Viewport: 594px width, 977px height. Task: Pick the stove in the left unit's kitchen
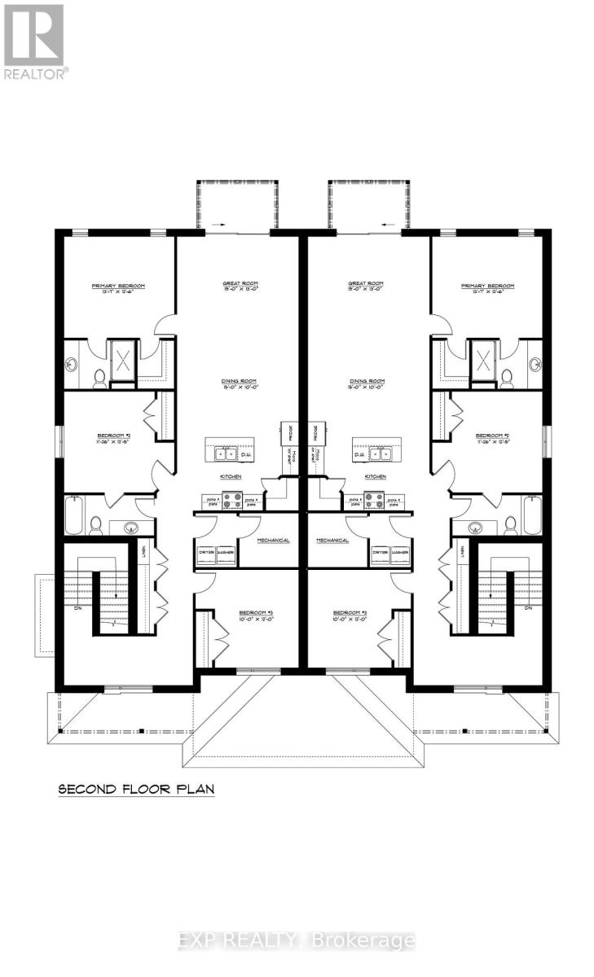click(231, 500)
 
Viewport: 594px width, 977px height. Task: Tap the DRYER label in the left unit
click(206, 554)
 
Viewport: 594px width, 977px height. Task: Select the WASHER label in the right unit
click(400, 554)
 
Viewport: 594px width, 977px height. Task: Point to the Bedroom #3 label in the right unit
click(353, 615)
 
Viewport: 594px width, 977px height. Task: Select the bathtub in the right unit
click(533, 515)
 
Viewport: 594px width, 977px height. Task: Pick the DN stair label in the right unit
click(527, 608)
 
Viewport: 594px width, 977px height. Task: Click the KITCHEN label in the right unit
click(375, 477)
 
